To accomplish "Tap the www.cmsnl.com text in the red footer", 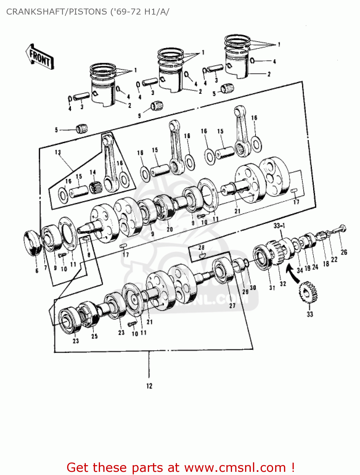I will click(235, 467).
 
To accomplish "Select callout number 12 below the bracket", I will click(149, 386).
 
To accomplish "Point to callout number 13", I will click(58, 152).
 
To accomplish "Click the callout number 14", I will click(92, 172).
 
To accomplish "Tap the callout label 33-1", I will click(279, 225).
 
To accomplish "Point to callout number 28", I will click(201, 247).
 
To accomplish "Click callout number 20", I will click(170, 229).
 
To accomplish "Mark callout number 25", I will click(94, 336).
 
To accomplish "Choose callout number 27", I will click(232, 306).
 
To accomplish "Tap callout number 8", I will click(89, 255).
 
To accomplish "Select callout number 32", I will click(283, 283).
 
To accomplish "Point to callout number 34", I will click(300, 270).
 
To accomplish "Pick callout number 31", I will click(272, 288).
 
